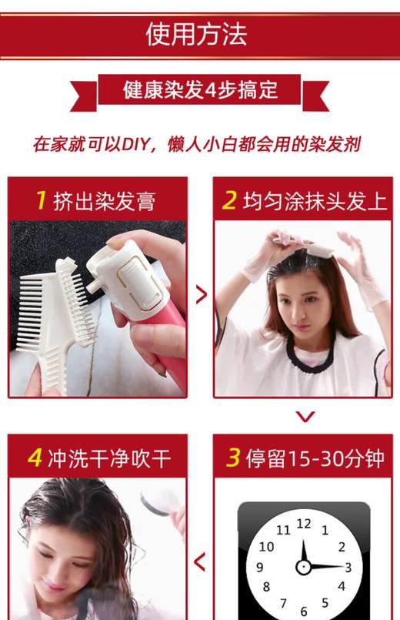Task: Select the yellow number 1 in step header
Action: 42,200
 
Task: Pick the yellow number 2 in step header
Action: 229,200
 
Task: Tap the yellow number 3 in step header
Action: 233,458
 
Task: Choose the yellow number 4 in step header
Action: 35,458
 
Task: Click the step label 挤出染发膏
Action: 105,201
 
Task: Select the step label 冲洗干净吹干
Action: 108,459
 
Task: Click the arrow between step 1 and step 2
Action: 202,294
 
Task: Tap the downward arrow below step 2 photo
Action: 305,417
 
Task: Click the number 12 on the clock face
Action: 304,524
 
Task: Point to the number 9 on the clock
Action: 260,568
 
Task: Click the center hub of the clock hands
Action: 304,567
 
